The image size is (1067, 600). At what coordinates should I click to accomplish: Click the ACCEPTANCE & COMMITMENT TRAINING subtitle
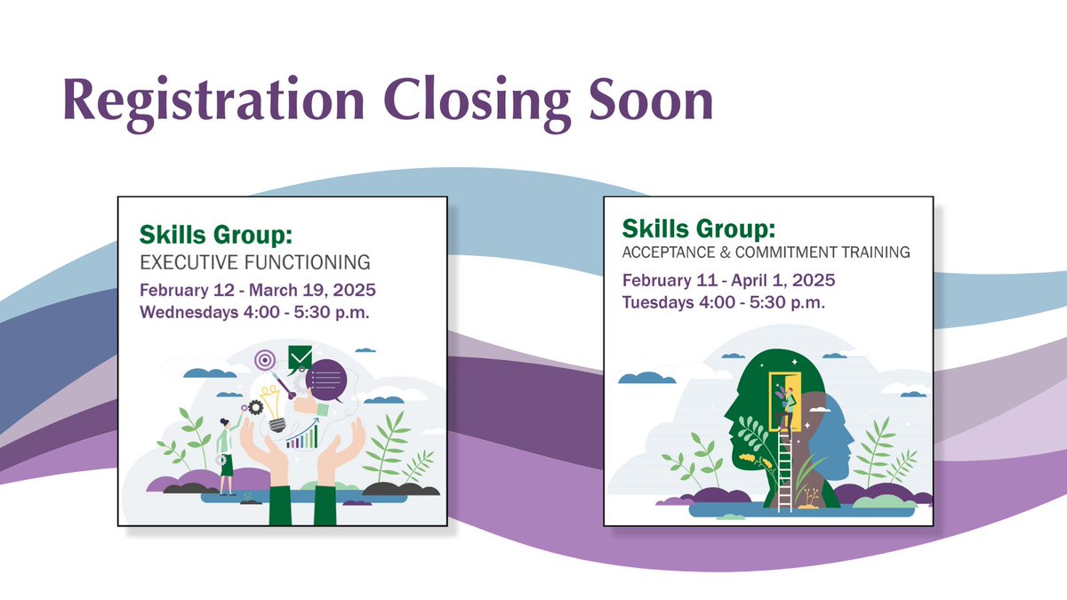pyautogui.click(x=766, y=252)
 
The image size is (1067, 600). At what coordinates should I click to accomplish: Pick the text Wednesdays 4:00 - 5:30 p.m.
pyautogui.click(x=256, y=312)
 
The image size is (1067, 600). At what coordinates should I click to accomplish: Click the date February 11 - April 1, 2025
pyautogui.click(x=728, y=281)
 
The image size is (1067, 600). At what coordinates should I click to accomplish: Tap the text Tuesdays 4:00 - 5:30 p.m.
pyautogui.click(x=723, y=302)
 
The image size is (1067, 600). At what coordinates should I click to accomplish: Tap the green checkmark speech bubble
pyautogui.click(x=300, y=358)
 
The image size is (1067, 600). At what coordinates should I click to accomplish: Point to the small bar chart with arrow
pyautogui.click(x=303, y=435)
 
